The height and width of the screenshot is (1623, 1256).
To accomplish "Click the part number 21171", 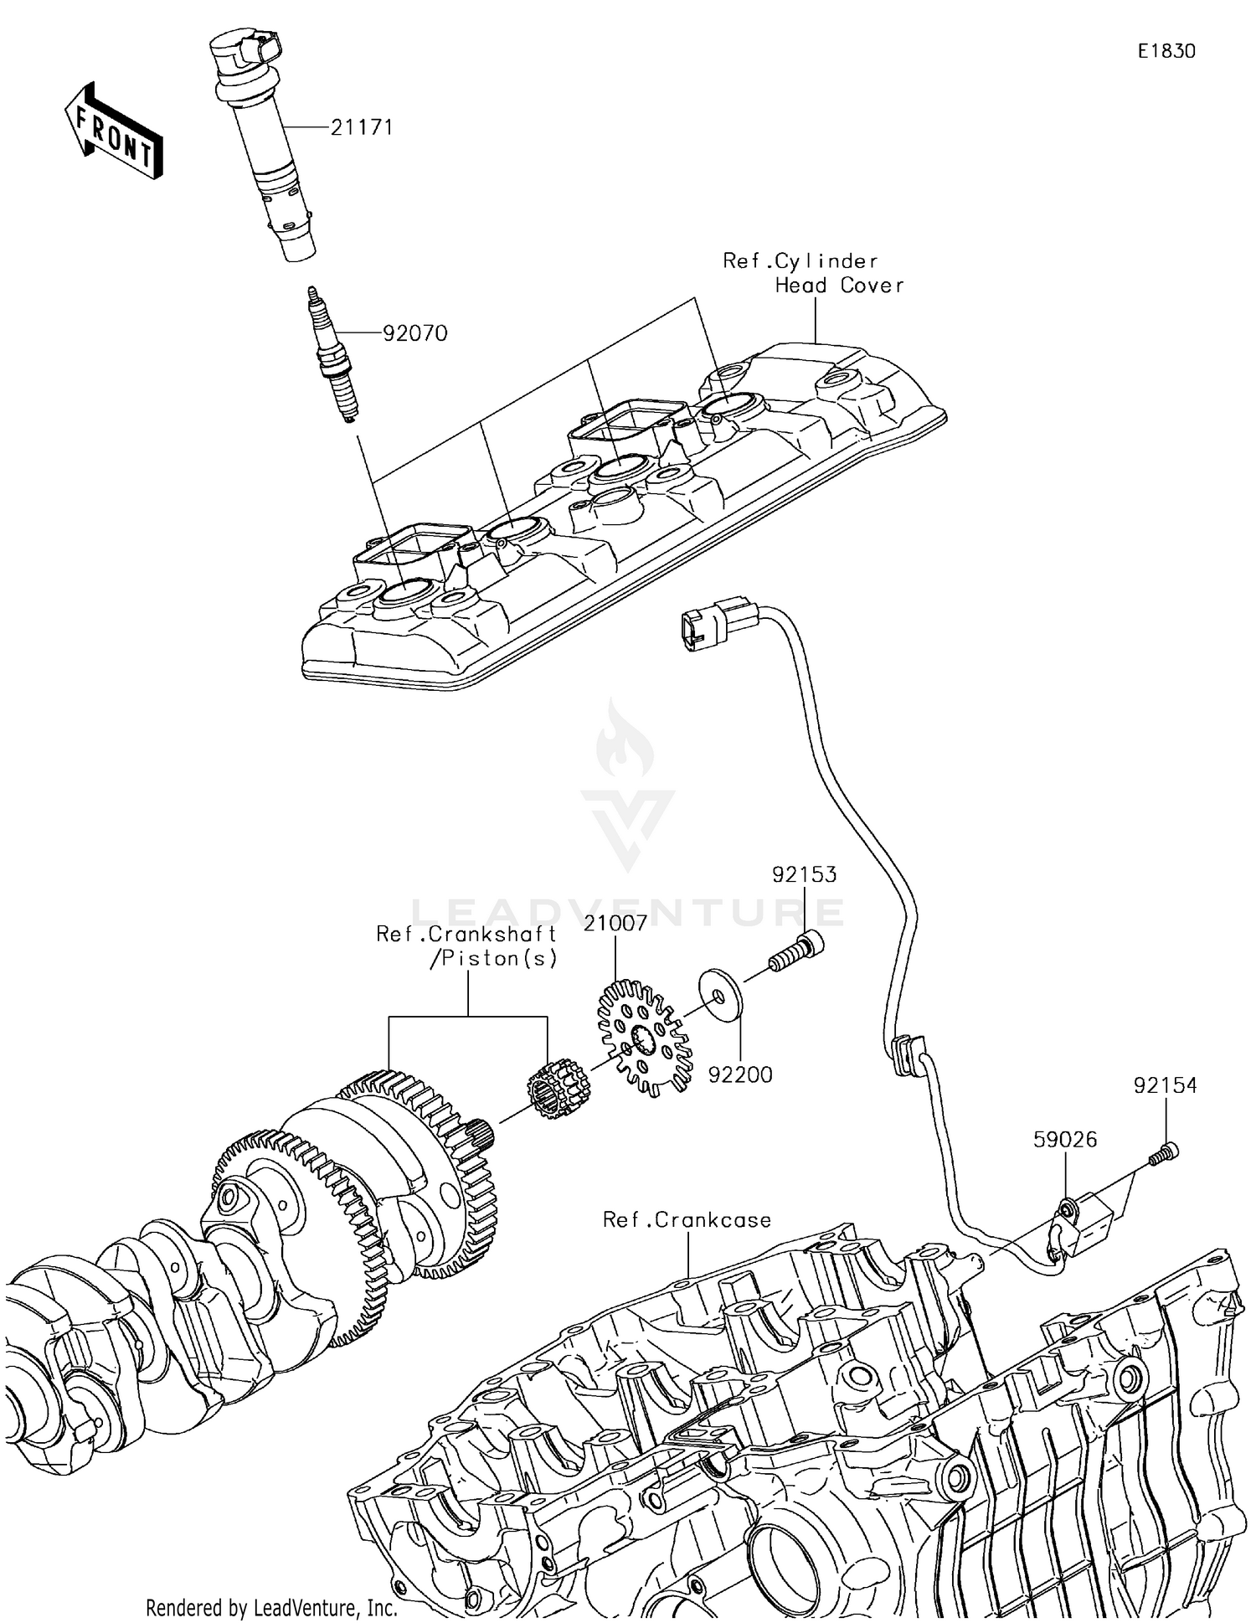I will point(361,127).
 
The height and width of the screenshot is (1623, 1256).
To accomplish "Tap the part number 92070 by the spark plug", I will point(414,333).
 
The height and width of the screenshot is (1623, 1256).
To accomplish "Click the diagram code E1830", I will point(1166,51).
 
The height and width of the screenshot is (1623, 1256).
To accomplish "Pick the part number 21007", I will point(615,923).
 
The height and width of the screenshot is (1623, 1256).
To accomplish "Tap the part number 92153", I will point(804,874).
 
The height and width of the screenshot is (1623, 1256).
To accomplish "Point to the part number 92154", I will point(1165,1085).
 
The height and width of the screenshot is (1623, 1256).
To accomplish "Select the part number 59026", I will point(1064,1140).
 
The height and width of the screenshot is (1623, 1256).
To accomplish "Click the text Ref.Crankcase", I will point(687,1220).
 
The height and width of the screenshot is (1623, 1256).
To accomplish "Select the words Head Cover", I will point(839,286).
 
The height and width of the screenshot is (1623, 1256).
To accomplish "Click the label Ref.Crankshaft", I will point(466,934).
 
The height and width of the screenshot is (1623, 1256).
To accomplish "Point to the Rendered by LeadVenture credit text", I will point(271,1607).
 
